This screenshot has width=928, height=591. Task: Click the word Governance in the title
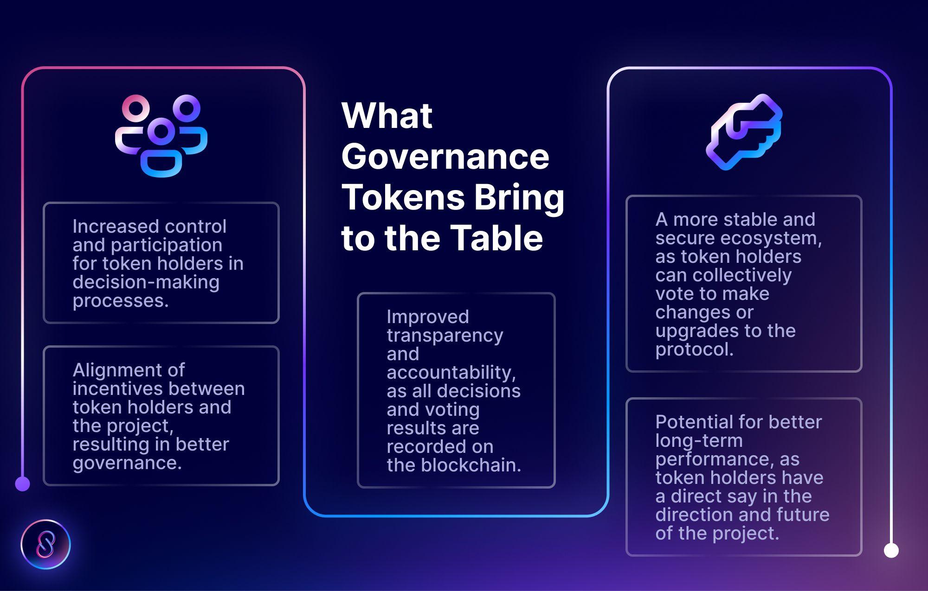point(445,157)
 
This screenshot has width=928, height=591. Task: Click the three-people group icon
point(161,136)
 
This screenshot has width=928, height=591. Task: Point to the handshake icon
point(744,132)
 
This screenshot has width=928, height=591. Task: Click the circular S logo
point(45,544)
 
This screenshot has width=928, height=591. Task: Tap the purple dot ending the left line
point(22,484)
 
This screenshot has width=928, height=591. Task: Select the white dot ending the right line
point(891,551)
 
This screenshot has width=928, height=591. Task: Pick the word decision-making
point(146,282)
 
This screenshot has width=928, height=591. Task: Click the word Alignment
point(129,370)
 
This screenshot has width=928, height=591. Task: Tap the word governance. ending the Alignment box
point(127,463)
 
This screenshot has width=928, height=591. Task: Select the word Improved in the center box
point(427,317)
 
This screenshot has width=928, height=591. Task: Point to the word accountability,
point(451,373)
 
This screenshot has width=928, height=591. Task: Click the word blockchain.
point(471,465)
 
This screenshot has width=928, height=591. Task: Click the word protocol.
point(694,350)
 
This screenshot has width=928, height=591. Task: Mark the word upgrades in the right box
point(687,331)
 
